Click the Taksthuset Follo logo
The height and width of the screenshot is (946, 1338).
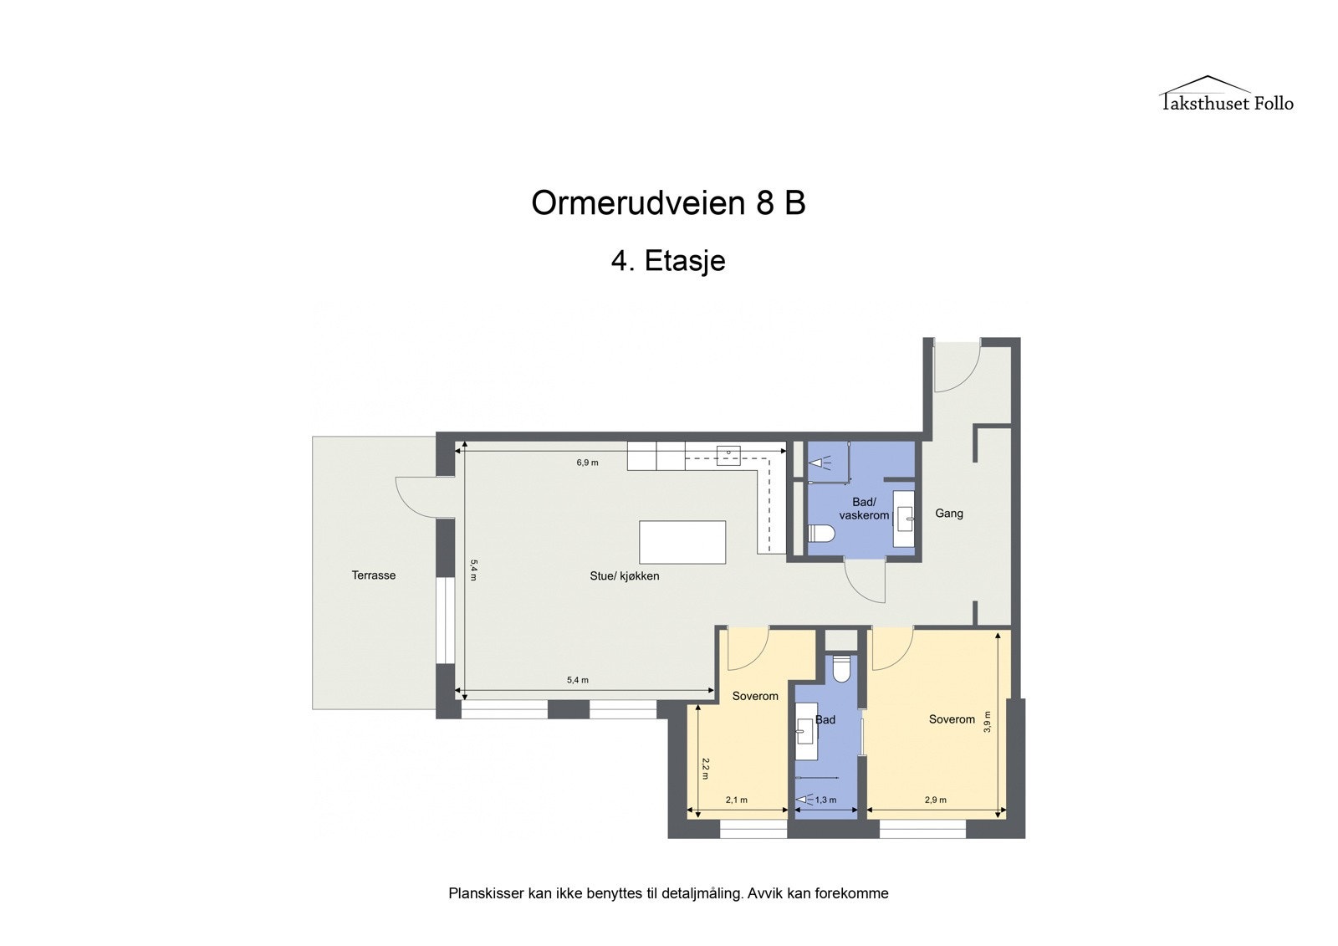coord(1226,95)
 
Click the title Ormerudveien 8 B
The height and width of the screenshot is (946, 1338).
coord(668,202)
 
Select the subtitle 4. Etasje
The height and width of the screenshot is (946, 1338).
coord(668,261)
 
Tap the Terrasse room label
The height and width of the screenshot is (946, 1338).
coord(373,575)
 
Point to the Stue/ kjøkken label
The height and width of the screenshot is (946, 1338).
coord(625,576)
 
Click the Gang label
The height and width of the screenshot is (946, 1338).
coord(949,514)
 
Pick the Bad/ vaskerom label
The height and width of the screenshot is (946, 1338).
coord(864,509)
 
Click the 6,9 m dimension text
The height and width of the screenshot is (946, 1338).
coord(587,463)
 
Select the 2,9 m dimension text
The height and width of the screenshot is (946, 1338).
coord(936,800)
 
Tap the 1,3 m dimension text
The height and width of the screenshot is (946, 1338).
coord(825,800)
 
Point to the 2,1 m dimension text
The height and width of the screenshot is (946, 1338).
coord(737,800)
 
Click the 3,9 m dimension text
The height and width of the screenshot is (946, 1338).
coord(988,721)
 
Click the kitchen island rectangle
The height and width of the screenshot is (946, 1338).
coord(682,542)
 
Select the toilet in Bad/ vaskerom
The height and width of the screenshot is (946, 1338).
coord(821,534)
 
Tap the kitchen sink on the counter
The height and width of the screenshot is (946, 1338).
coord(728,454)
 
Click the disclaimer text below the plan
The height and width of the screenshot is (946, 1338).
coord(668,893)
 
